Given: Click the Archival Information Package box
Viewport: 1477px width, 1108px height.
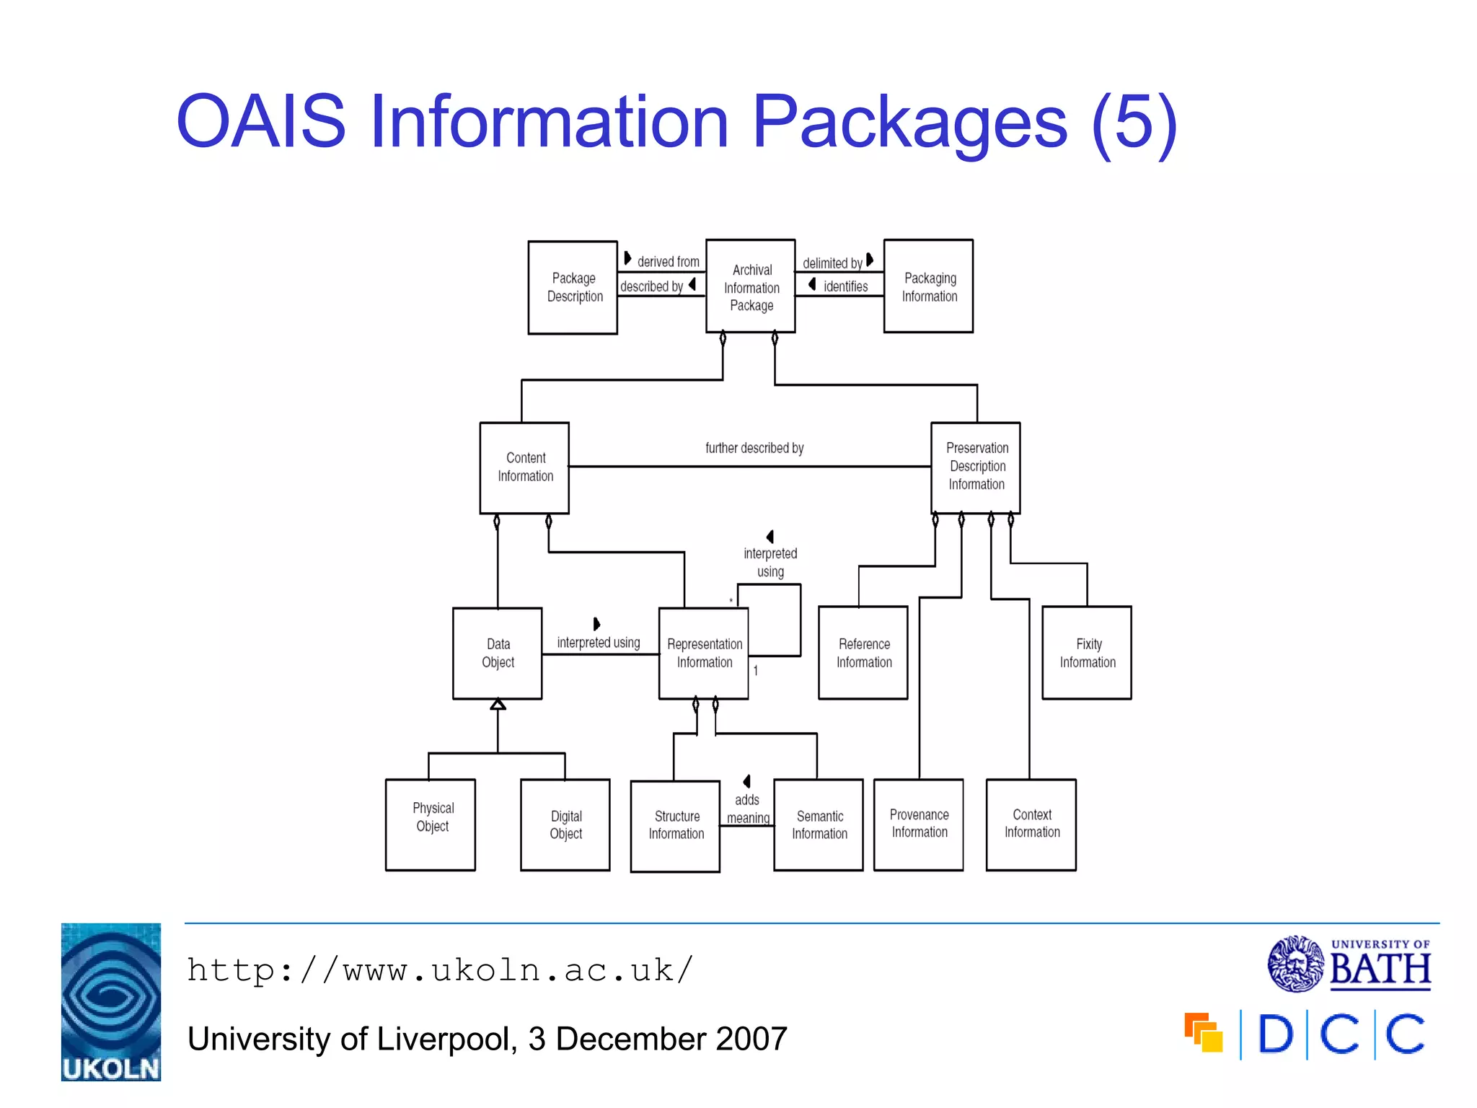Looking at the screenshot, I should (750, 286).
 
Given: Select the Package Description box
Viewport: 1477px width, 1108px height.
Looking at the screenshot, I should (573, 287).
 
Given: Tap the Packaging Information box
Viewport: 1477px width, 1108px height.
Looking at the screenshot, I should (928, 286).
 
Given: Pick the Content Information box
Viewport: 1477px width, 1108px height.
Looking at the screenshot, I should (524, 467).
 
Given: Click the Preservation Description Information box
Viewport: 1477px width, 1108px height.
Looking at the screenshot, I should (975, 467).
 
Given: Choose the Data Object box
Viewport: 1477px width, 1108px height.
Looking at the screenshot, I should (497, 653).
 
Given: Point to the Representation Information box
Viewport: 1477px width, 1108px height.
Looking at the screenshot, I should (703, 653).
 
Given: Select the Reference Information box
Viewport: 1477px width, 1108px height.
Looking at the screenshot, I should (863, 653).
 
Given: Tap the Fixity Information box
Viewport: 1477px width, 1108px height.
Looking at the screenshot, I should (1086, 653).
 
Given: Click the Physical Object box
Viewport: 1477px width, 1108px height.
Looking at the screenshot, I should (431, 824).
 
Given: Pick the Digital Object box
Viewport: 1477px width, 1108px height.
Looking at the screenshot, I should (565, 825).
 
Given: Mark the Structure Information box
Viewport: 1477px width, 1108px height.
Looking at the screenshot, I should (675, 825).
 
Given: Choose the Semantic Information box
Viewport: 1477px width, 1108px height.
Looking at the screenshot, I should (818, 825).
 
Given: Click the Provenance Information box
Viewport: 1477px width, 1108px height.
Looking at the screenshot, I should (918, 824).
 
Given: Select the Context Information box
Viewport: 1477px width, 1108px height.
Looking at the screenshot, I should (1031, 824).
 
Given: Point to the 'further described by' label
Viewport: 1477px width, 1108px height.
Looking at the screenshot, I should (754, 448).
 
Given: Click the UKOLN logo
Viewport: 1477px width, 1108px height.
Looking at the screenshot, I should (111, 1001).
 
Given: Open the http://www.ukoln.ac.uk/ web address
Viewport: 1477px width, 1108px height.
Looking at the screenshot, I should (440, 970).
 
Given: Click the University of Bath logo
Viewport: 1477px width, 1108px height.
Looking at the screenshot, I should (1349, 964).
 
